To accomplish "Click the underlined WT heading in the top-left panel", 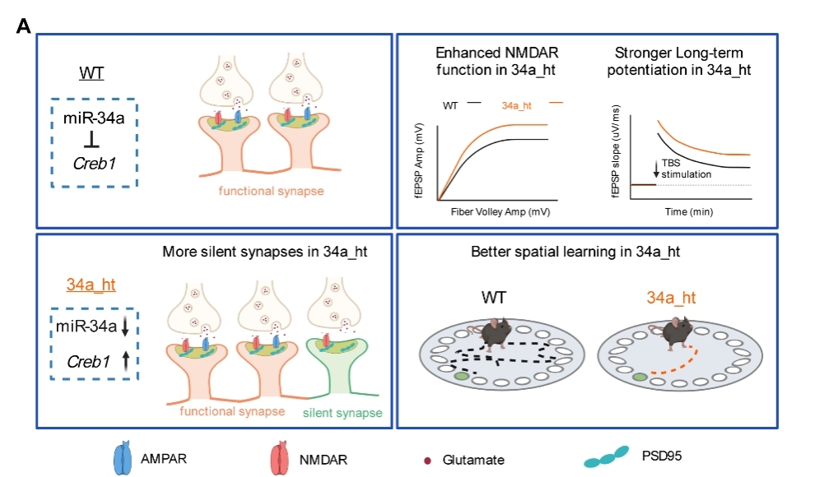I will [91, 75].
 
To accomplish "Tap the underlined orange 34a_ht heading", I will [91, 285].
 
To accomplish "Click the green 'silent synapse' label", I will [342, 413].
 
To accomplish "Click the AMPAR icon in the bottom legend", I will [123, 459].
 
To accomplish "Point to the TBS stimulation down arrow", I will [656, 169].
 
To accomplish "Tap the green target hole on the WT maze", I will [461, 377].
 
